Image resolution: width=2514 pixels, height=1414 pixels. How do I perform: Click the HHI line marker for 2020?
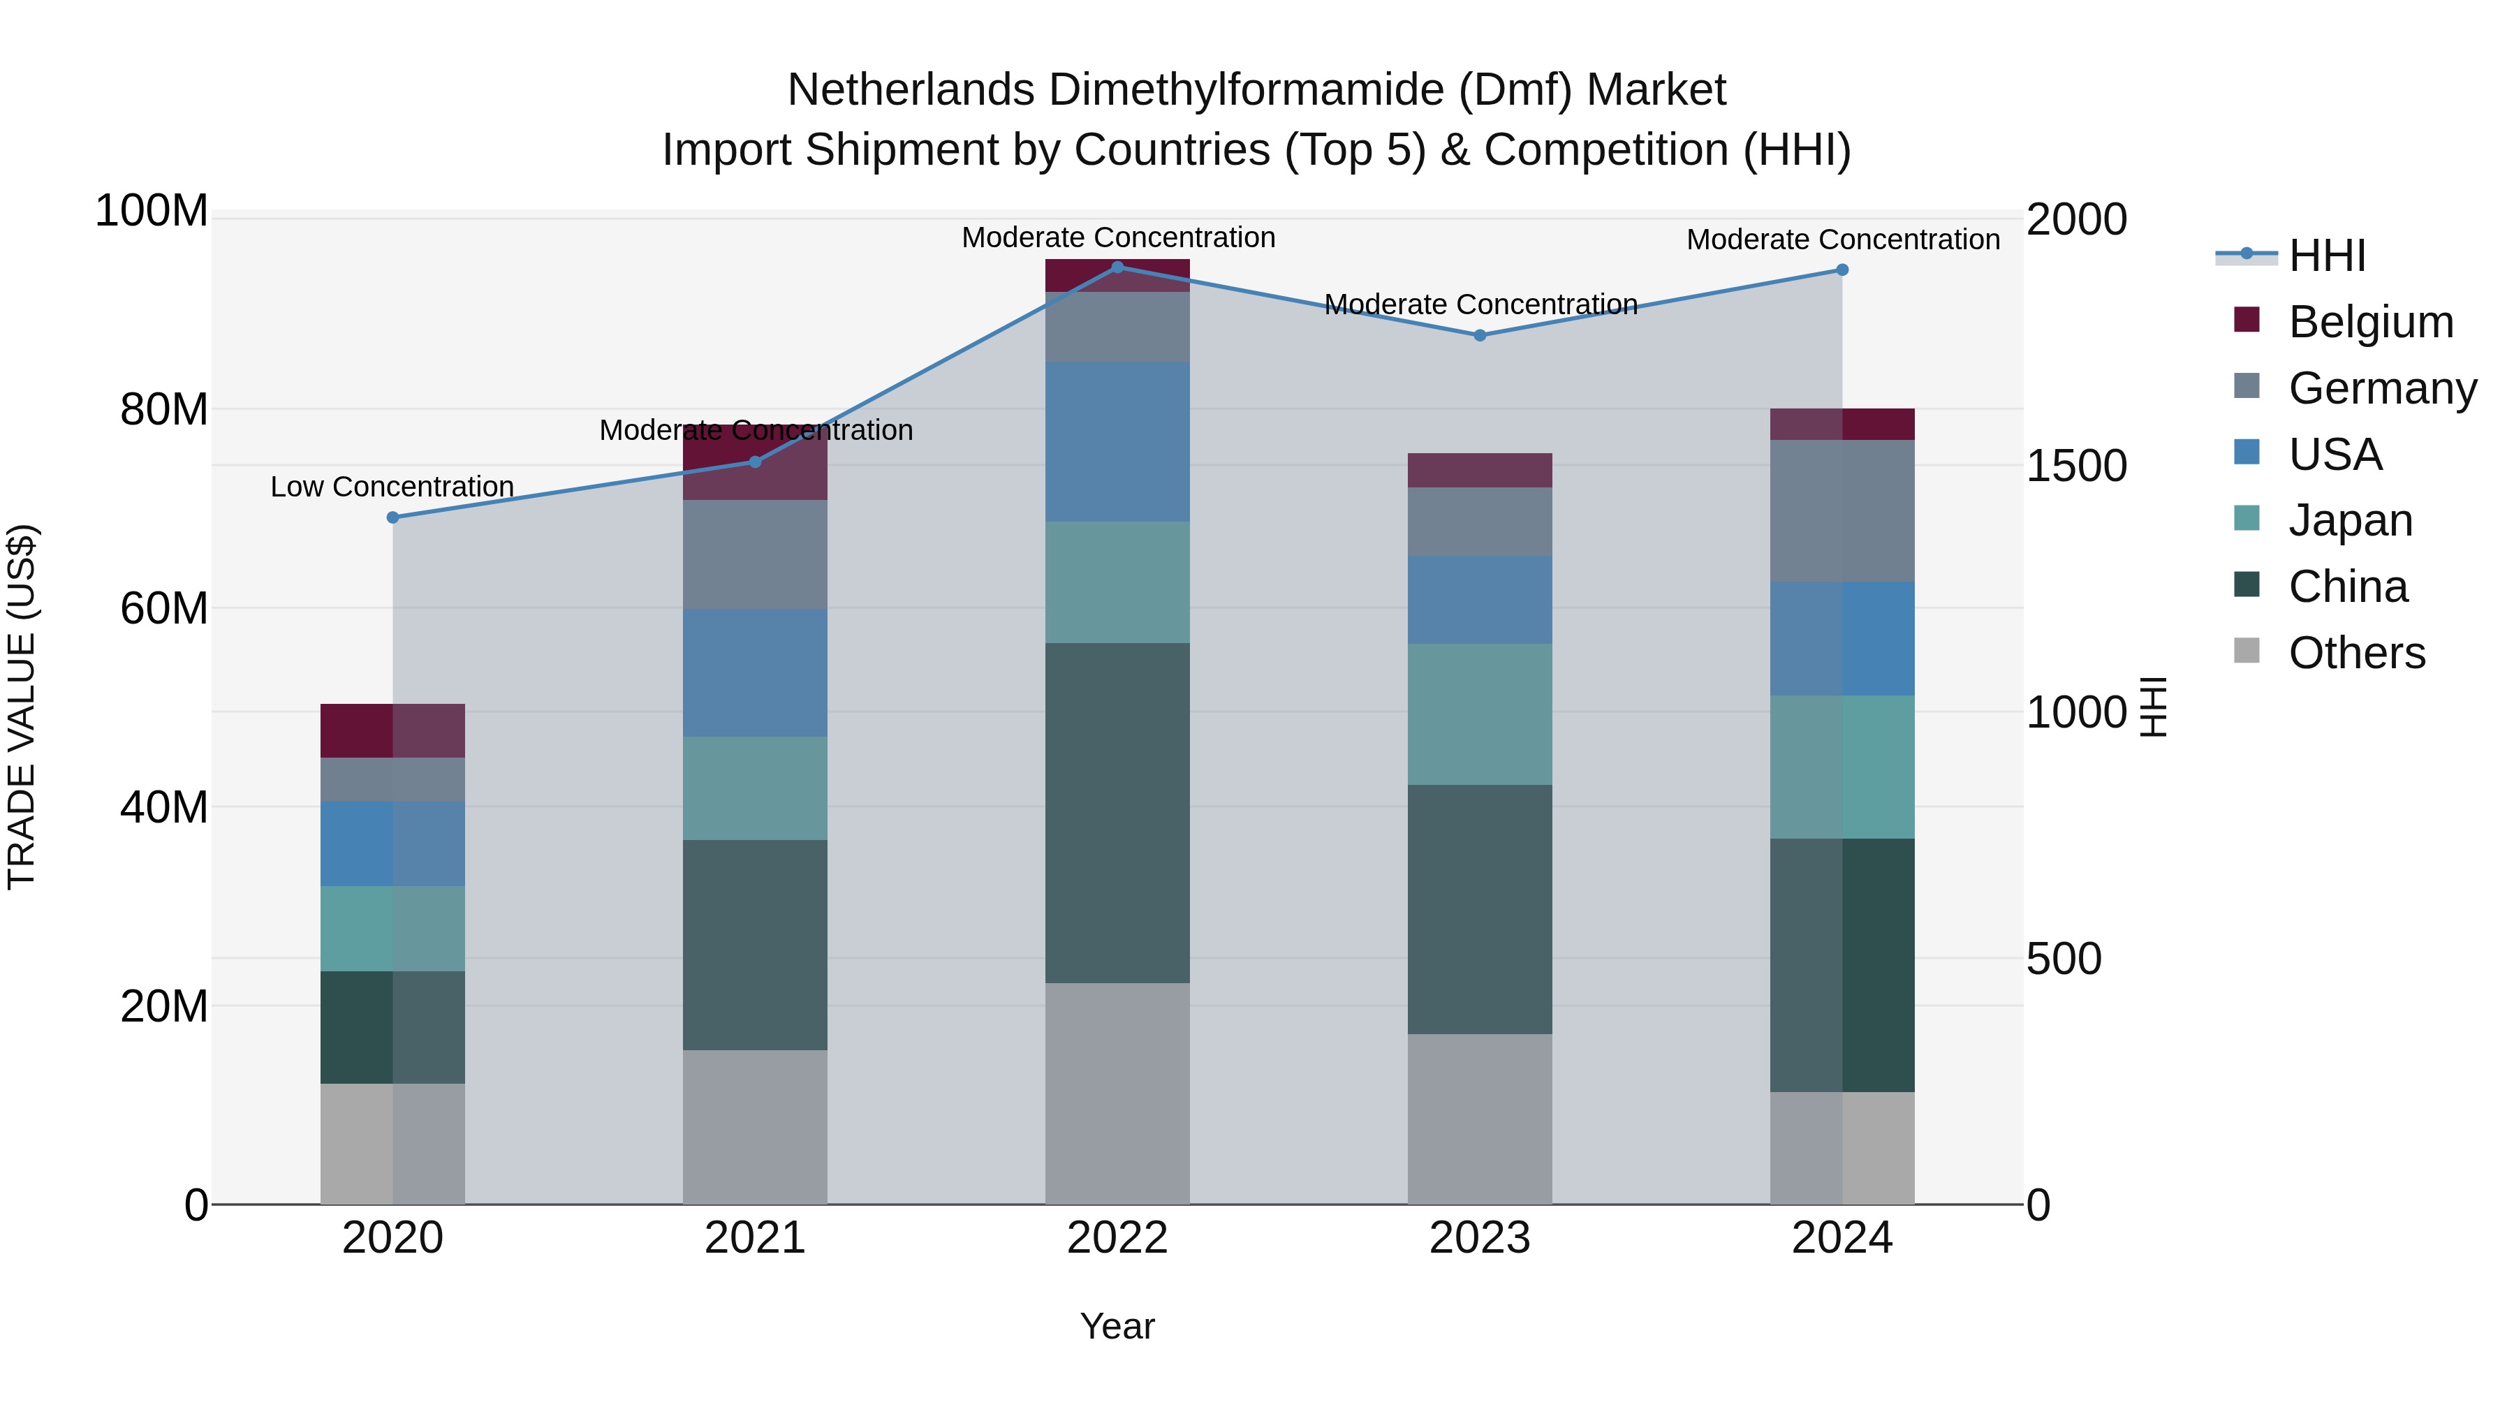pyautogui.click(x=393, y=517)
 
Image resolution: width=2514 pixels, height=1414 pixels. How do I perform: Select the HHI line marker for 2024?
pyautogui.click(x=1842, y=270)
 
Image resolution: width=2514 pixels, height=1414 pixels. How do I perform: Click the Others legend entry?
pyautogui.click(x=2356, y=653)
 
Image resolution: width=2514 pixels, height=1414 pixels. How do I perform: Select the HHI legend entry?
pyautogui.click(x=2327, y=256)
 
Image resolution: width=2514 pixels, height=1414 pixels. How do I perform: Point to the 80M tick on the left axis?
pyautogui.click(x=164, y=410)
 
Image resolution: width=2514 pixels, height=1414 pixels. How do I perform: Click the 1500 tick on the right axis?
pyautogui.click(x=2076, y=466)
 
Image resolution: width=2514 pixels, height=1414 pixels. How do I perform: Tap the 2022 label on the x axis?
pyautogui.click(x=1117, y=1238)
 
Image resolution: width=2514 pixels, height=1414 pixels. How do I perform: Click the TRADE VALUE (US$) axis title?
pyautogui.click(x=22, y=707)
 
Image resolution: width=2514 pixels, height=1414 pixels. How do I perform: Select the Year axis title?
pyautogui.click(x=1117, y=1326)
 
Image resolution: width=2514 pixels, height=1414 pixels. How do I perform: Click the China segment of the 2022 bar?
pyautogui.click(x=1117, y=812)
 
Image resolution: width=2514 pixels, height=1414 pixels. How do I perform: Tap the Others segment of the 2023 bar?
pyautogui.click(x=1480, y=1119)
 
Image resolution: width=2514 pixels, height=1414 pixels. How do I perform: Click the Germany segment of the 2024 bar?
pyautogui.click(x=1842, y=510)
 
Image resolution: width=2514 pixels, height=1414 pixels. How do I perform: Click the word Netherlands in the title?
pyautogui.click(x=909, y=90)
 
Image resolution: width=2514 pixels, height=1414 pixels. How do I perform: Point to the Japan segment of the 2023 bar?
pyautogui.click(x=1480, y=714)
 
